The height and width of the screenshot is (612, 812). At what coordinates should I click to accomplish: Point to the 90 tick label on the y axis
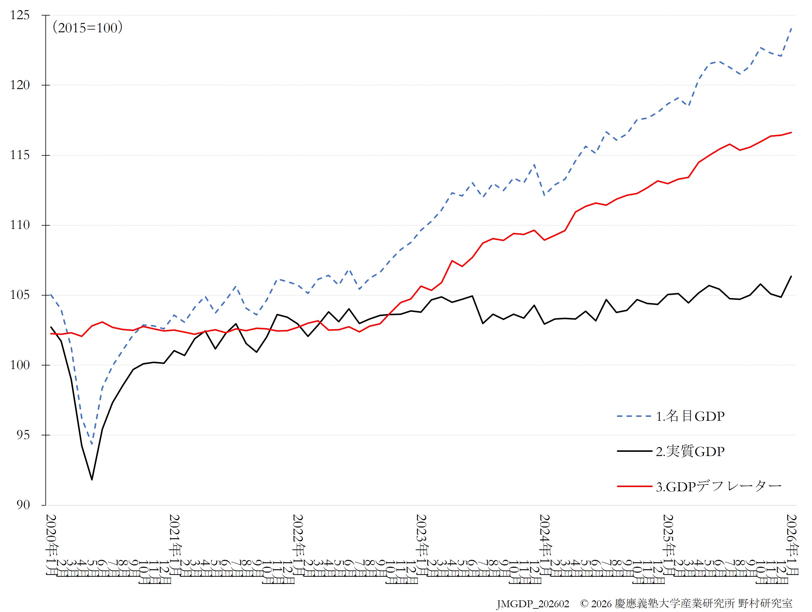(23, 505)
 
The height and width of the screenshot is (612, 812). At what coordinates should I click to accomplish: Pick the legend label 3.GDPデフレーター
(718, 486)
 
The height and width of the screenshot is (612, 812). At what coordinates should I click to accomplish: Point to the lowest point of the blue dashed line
(92, 444)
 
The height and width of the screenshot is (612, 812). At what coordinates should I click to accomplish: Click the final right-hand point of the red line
(791, 133)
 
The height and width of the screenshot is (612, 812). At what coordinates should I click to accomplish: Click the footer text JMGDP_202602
(533, 604)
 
